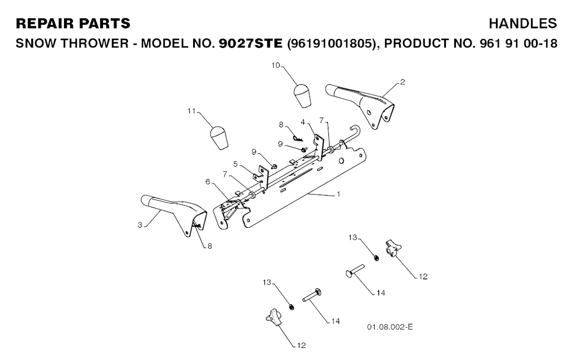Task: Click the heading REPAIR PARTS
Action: (73, 23)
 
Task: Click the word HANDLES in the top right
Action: (522, 23)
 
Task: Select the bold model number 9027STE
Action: (252, 43)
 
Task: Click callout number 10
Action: (276, 65)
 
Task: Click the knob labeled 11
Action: (219, 138)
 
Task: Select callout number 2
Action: (402, 81)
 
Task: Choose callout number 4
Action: (303, 122)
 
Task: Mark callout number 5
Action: (236, 164)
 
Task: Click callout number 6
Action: (208, 182)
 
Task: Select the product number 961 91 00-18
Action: (518, 43)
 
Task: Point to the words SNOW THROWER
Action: (67, 43)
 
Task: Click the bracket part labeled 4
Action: (318, 140)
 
